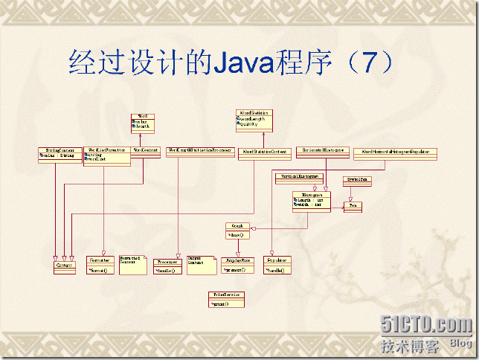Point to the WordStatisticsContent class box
pyautogui.click(x=265, y=152)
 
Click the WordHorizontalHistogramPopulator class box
pyautogui.click(x=395, y=153)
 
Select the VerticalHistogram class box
pyautogui.click(x=300, y=178)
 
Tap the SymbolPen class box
pyautogui.click(x=355, y=181)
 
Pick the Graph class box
pyautogui.click(x=237, y=231)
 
